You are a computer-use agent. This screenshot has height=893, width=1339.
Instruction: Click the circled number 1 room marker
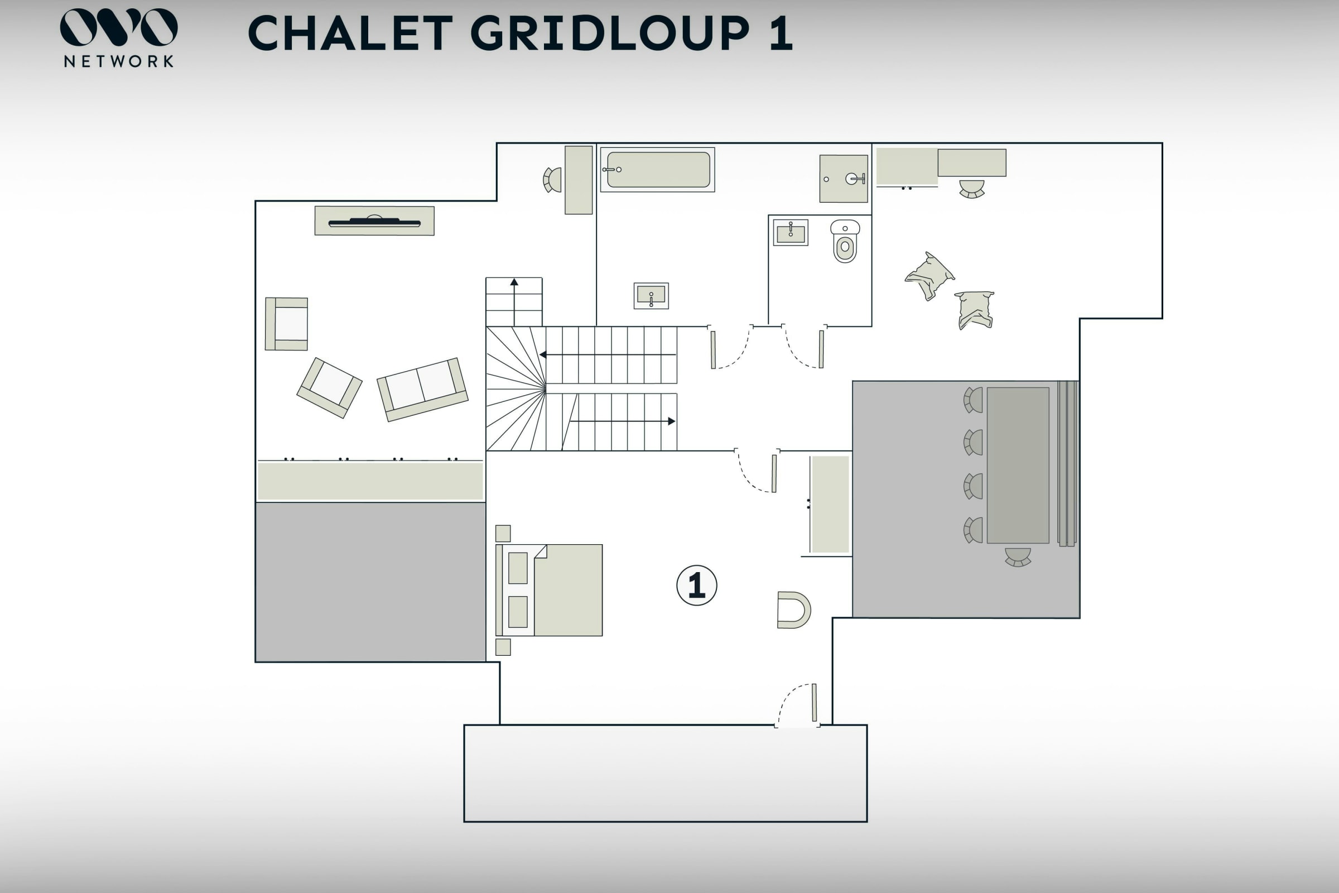696,585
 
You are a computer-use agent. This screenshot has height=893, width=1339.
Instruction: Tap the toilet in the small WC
845,241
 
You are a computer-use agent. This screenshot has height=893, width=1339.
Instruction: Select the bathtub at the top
658,170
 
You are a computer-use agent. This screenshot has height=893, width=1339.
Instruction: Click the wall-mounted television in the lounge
374,222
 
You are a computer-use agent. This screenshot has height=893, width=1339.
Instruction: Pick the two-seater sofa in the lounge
422,390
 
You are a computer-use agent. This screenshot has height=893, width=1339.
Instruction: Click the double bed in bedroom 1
549,590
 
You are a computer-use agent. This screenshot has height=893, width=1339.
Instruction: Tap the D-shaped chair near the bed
793,610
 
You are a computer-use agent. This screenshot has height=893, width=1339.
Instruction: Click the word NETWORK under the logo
118,61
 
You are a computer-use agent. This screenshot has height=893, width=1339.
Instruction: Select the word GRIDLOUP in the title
609,33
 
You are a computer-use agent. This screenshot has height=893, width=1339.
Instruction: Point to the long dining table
1018,465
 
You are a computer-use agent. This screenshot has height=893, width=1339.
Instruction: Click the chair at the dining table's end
1018,557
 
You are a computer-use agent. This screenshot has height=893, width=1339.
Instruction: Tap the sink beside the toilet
790,232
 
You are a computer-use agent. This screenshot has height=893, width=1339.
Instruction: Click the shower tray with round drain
844,178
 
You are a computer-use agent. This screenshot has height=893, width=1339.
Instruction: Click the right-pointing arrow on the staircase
623,421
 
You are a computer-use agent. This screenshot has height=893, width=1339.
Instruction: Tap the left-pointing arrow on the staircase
608,355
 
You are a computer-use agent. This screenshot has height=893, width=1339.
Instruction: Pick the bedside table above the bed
503,533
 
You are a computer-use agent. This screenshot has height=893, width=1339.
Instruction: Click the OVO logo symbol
118,27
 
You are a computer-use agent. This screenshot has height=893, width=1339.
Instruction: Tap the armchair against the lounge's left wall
286,324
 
